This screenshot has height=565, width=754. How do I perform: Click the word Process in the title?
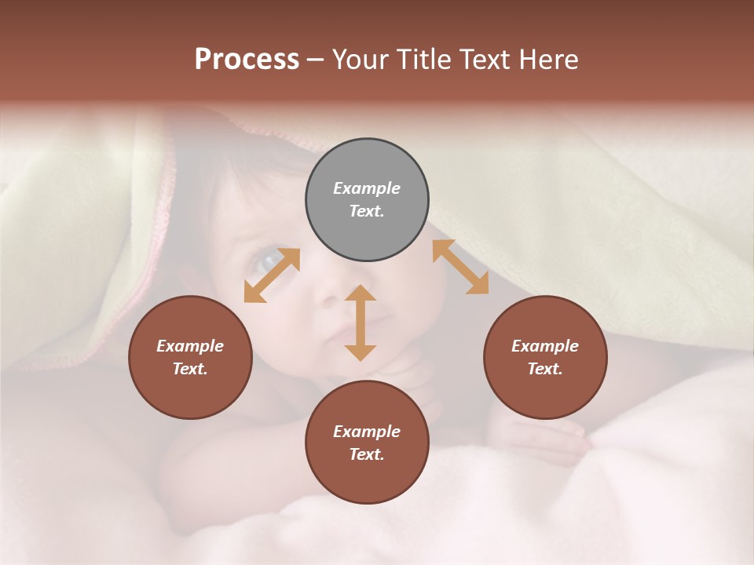tap(247, 60)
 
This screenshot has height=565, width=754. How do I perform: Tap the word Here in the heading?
tap(547, 60)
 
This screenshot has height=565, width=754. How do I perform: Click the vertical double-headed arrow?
tap(361, 323)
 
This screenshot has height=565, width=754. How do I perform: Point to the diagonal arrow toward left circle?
tap(272, 275)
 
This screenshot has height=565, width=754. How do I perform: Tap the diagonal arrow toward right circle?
tap(460, 267)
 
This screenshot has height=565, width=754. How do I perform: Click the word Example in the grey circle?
tap(367, 188)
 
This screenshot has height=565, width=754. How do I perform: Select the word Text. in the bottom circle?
tap(367, 454)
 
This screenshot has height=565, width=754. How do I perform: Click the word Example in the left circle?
tap(190, 346)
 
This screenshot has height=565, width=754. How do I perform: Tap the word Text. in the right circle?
tap(545, 369)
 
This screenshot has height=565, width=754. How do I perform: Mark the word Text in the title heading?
tap(485, 60)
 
